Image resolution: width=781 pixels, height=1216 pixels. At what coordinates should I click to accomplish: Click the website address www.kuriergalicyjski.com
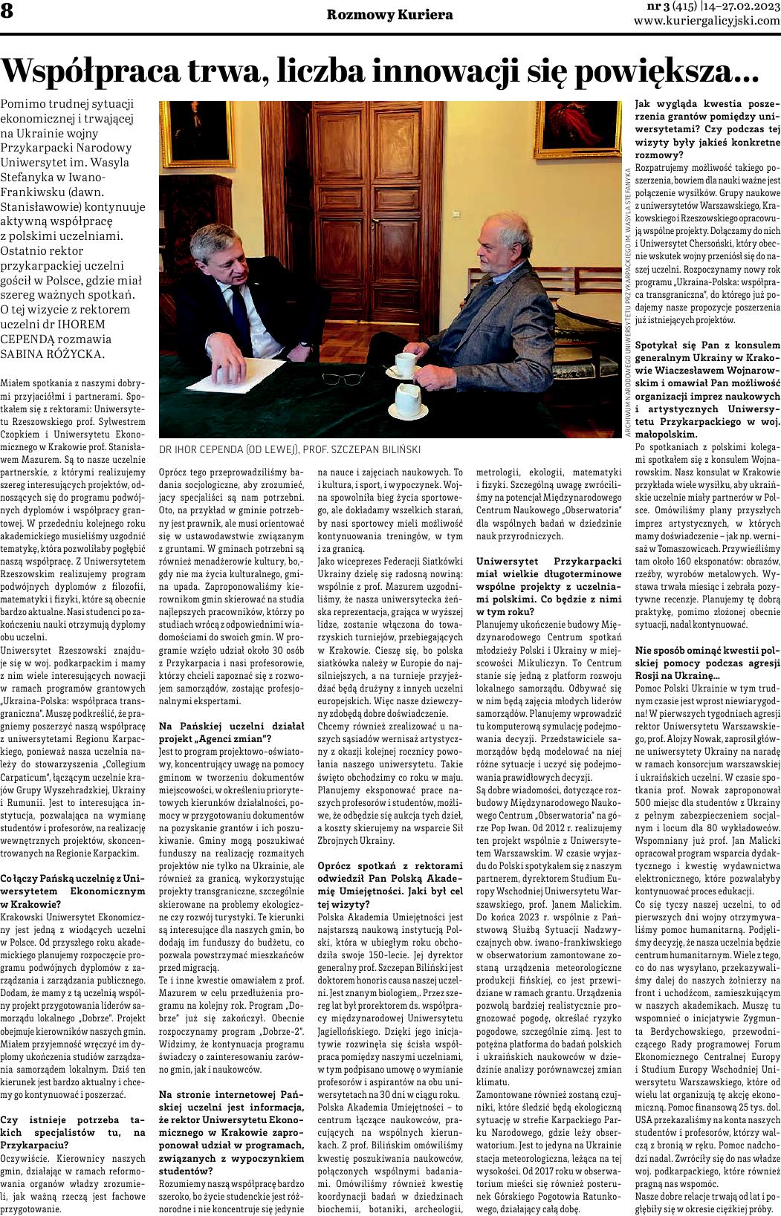707,22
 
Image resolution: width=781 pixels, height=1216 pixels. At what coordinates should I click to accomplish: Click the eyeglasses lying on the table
356,378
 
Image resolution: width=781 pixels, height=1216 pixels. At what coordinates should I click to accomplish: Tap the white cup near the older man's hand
406,363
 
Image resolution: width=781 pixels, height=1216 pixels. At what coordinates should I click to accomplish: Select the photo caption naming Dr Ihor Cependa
290,449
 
